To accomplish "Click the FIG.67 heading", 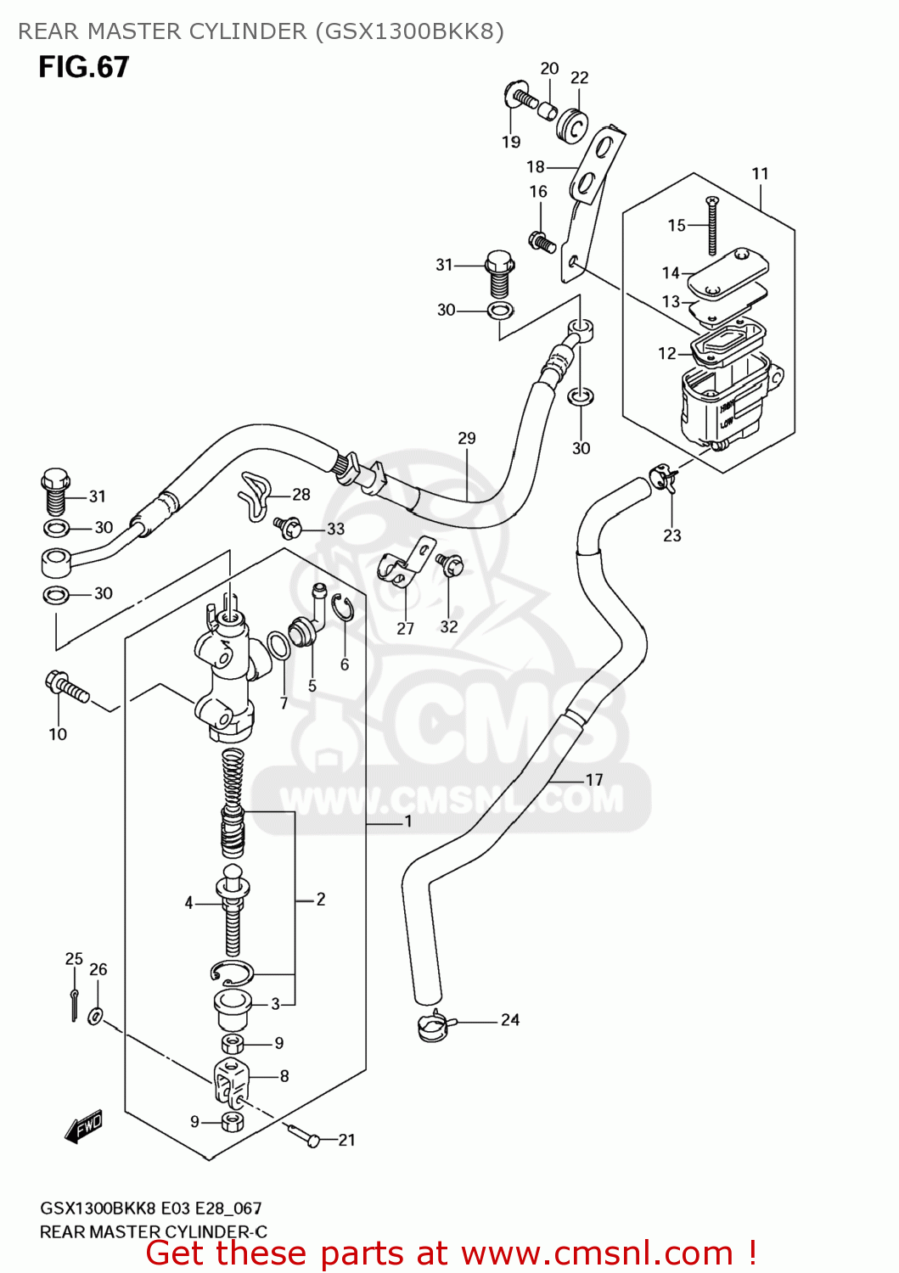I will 83,67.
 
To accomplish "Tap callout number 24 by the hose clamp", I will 509,1019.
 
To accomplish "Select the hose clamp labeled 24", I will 435,1027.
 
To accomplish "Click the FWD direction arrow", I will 84,1128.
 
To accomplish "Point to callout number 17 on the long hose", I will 594,779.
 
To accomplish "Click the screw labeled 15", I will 711,225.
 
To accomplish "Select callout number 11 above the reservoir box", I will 760,174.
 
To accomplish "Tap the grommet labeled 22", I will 573,126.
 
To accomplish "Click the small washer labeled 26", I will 97,1014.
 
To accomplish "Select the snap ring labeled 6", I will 341,608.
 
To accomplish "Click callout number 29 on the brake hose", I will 467,439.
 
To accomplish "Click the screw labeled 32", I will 449,564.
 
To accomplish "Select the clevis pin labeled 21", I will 303,1135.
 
